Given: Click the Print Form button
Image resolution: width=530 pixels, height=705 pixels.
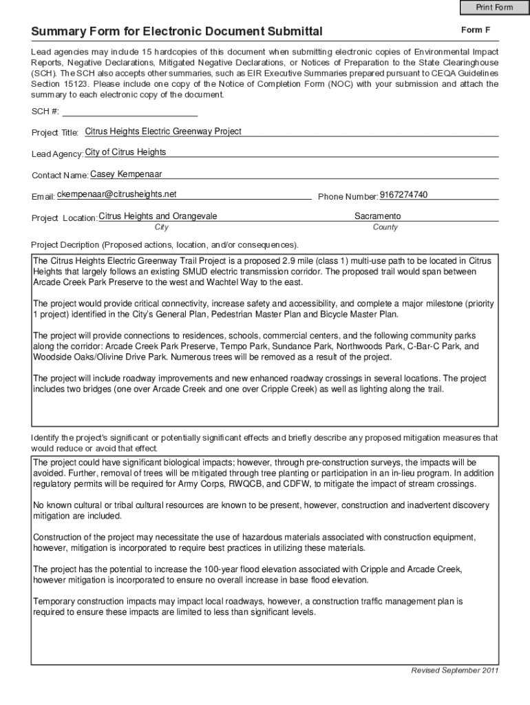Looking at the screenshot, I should coord(494,8).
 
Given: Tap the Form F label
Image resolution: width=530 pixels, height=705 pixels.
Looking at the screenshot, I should coord(476,30).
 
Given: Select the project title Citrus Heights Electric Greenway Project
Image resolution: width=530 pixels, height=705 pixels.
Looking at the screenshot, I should coord(163,131).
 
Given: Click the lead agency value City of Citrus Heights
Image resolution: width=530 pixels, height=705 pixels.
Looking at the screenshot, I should coord(125,152).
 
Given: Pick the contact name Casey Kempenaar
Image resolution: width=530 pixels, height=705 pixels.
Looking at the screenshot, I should coord(126,174).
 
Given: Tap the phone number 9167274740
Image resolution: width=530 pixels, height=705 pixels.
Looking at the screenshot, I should coord(403,195).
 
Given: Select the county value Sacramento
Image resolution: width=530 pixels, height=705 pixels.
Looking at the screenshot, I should coord(377,216).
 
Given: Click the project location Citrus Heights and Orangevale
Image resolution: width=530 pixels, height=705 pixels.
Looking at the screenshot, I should coord(158,216).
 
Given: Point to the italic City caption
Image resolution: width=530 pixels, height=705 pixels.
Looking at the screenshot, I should coord(162,227).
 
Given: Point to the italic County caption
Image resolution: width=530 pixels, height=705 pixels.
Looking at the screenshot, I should coord(385,227).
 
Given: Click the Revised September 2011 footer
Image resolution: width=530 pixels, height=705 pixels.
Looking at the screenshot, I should coord(454,671).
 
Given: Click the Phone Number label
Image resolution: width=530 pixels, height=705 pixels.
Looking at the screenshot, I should coord(348,197).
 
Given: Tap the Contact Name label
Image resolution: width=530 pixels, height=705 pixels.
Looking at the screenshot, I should coord(60,176).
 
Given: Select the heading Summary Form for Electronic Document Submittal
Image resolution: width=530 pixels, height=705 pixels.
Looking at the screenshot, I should coord(176,32).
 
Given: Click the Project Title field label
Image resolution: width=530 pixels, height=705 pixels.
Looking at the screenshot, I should coord(55,133).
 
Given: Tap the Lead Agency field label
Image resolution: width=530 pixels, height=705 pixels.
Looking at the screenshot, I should coord(57,154).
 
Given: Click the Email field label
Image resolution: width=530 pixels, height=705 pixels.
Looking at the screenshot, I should coord(43,197).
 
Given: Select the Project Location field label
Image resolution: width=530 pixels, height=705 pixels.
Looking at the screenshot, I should coord(64,218).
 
